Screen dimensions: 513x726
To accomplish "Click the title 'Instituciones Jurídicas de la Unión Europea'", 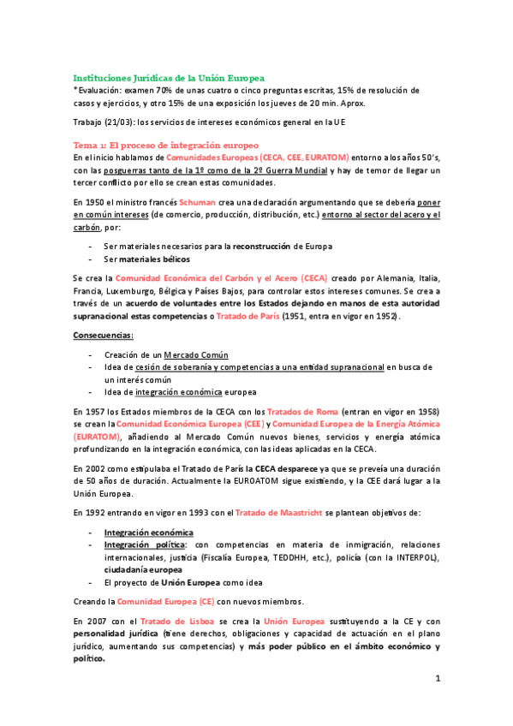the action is point(169,77).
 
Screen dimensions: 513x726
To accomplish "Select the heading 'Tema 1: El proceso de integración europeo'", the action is point(165,146).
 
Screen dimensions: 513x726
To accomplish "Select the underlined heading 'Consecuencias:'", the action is point(103,336).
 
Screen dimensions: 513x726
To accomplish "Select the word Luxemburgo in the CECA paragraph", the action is point(134,303).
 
